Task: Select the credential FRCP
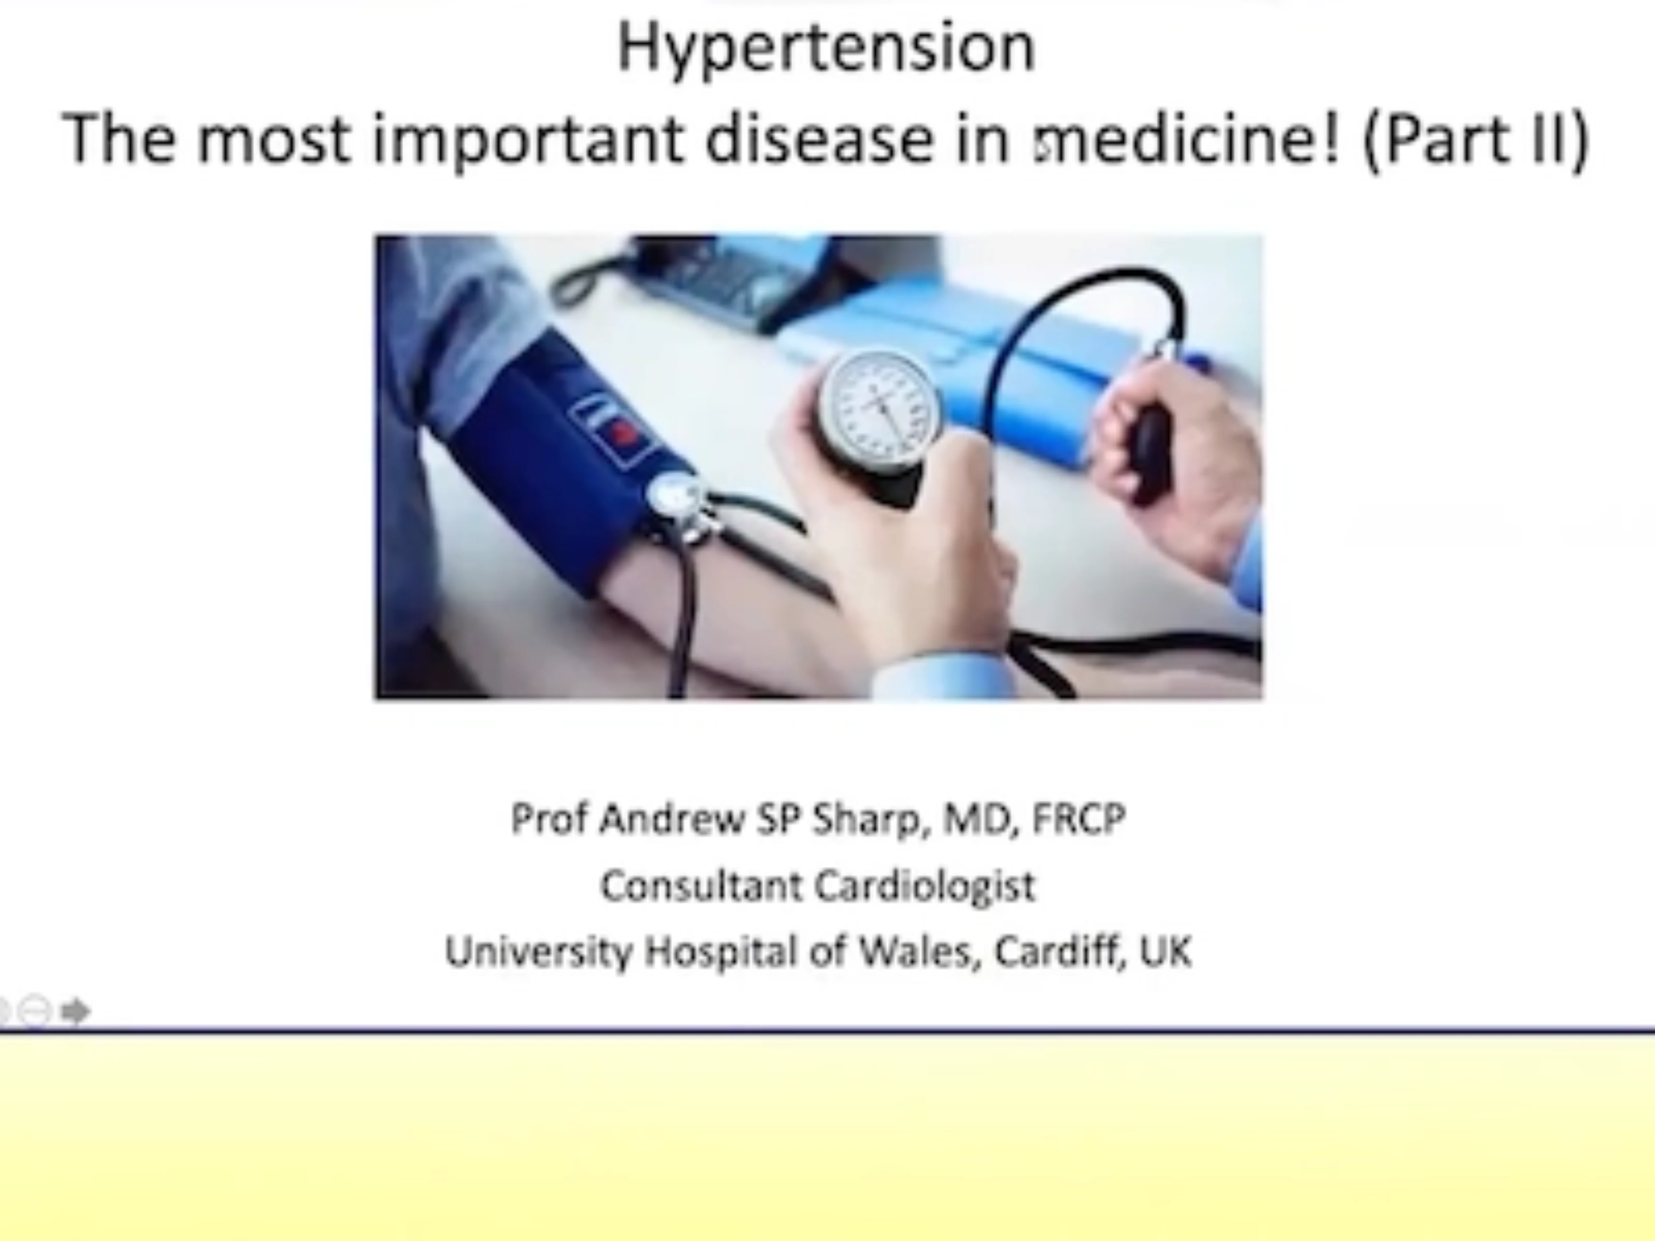tap(1078, 818)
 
